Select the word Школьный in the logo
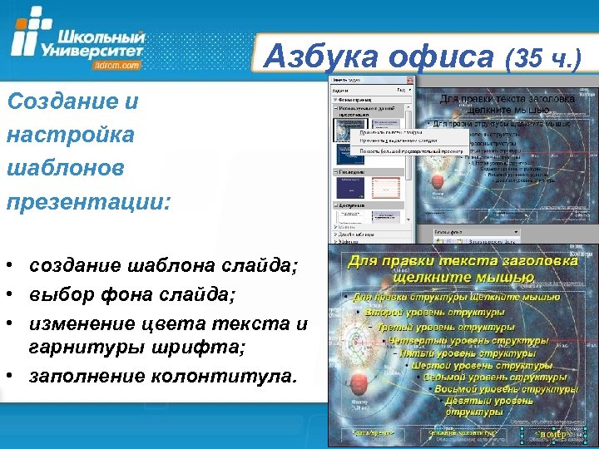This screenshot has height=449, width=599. (103, 37)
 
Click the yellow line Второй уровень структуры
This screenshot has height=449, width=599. (437, 313)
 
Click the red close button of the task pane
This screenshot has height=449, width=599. (409, 79)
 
